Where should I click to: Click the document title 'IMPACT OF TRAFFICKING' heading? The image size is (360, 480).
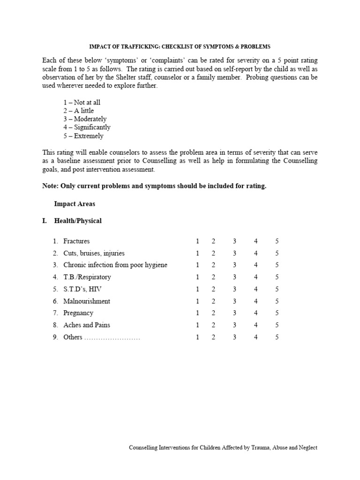pyautogui.click(x=180, y=46)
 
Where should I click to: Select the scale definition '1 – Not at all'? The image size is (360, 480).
pyautogui.click(x=82, y=102)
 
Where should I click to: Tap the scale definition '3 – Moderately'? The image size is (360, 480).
pyautogui.click(x=85, y=119)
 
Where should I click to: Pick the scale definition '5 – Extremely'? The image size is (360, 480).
pyautogui.click(x=83, y=136)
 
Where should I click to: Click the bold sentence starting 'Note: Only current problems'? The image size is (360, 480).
pyautogui.click(x=154, y=186)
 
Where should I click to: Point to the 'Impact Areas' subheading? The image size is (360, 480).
pyautogui.click(x=75, y=204)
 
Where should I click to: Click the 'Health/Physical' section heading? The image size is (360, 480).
pyautogui.click(x=78, y=221)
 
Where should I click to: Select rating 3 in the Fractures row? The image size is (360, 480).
pyautogui.click(x=234, y=241)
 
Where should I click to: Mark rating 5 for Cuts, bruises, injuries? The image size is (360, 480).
pyautogui.click(x=277, y=253)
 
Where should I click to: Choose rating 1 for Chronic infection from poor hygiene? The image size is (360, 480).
pyautogui.click(x=197, y=265)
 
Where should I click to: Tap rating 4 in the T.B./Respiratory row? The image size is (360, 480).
pyautogui.click(x=256, y=277)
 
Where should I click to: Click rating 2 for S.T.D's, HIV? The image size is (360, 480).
pyautogui.click(x=213, y=289)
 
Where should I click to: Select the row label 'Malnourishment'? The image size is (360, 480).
pyautogui.click(x=87, y=301)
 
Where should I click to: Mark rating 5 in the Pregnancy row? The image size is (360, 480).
pyautogui.click(x=277, y=313)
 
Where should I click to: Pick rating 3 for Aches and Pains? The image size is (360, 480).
pyautogui.click(x=234, y=325)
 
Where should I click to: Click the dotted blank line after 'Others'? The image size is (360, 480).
pyautogui.click(x=112, y=337)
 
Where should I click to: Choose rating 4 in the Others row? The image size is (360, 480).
pyautogui.click(x=256, y=337)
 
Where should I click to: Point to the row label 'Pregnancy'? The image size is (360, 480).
pyautogui.click(x=78, y=313)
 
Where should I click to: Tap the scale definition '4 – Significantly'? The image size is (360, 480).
pyautogui.click(x=87, y=127)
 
